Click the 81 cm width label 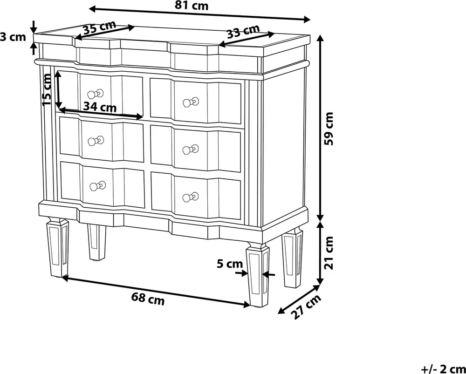pos(191,6)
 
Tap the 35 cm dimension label pos(99,28)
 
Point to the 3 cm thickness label pos(13,37)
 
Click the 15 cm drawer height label pos(47,89)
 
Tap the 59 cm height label pos(329,129)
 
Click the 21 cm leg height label pos(329,252)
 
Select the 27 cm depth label pos(307,306)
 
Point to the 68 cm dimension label pos(148,299)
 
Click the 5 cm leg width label pos(230,264)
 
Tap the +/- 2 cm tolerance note pos(443,369)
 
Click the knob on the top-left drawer pos(96,94)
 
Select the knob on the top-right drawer pos(191,102)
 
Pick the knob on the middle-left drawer pos(96,140)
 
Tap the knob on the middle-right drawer pos(191,150)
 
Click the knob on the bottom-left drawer pos(98,186)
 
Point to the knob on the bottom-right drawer pos(191,197)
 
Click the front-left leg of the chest pos(58,247)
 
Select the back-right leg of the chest pos(293,257)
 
